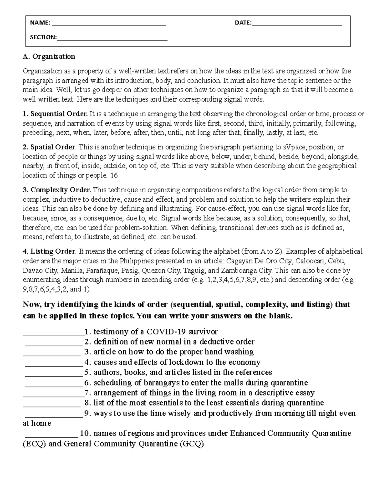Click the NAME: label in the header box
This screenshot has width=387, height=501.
coord(40,23)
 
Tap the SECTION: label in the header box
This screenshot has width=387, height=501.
coord(43,37)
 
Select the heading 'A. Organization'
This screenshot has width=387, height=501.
coord(49,56)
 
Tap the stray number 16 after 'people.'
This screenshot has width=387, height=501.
coord(114,175)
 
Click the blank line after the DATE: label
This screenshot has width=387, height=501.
coord(297,24)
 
